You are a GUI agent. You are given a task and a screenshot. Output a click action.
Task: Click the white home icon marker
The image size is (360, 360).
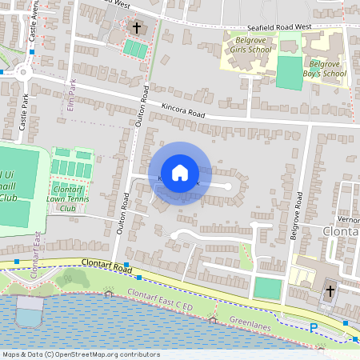179,173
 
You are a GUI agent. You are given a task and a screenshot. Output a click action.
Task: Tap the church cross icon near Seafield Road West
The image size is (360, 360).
136,29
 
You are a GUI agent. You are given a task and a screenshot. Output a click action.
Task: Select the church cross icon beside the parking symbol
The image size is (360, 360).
329,292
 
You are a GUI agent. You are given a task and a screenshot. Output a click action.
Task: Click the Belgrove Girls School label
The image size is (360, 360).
250,42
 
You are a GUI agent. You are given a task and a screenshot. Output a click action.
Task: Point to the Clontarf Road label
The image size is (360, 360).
106,266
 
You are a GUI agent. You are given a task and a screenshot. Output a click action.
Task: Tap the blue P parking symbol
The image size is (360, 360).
314,328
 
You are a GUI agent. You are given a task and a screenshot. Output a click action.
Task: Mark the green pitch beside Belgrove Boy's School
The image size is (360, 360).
290,72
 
